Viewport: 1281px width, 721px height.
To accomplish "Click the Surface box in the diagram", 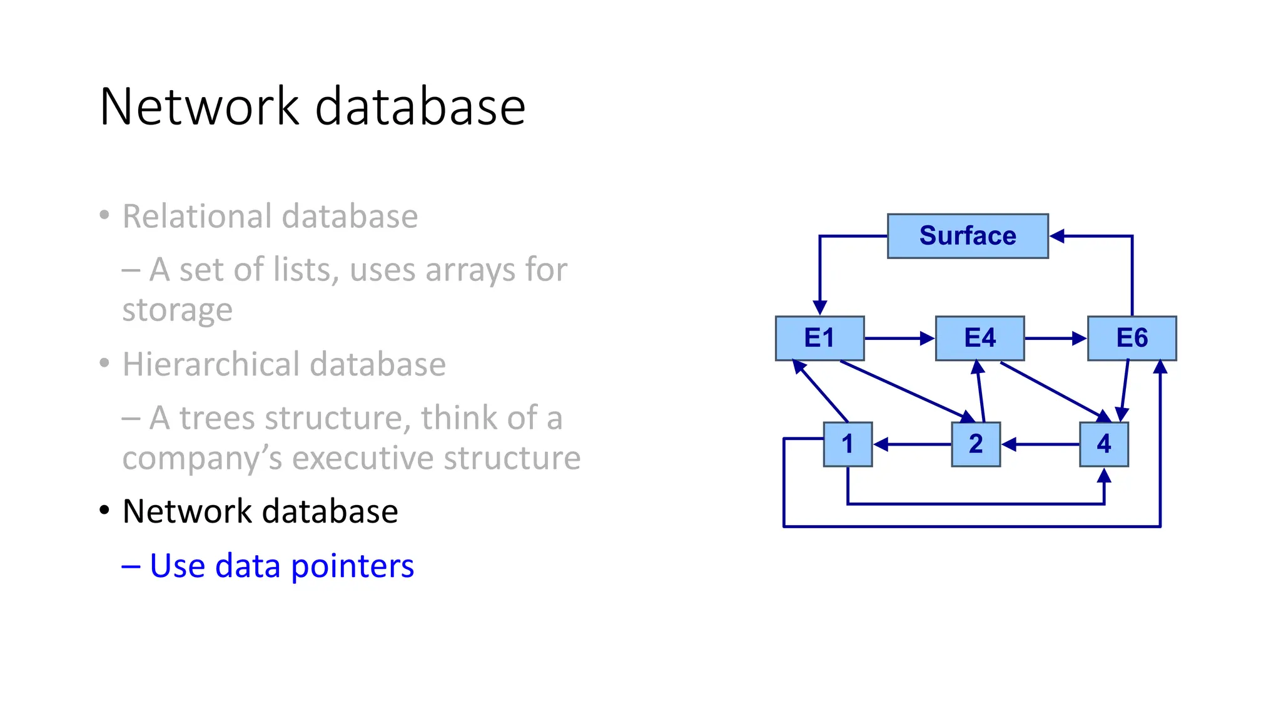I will (967, 236).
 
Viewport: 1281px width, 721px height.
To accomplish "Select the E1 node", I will (819, 338).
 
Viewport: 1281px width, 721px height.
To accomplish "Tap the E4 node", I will (980, 338).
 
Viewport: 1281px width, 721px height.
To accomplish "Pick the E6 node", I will (1132, 338).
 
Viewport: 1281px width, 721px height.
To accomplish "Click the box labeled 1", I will (848, 444).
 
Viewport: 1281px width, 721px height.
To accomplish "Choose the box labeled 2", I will (976, 444).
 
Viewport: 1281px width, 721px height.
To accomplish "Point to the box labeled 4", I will (1104, 444).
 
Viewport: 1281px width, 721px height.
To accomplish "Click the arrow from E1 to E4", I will (898, 339).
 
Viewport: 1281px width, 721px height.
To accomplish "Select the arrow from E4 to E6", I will (1055, 339).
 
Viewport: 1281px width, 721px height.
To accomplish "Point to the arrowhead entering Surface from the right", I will (1057, 236).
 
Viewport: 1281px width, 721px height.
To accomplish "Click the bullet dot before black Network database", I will (104, 511).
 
